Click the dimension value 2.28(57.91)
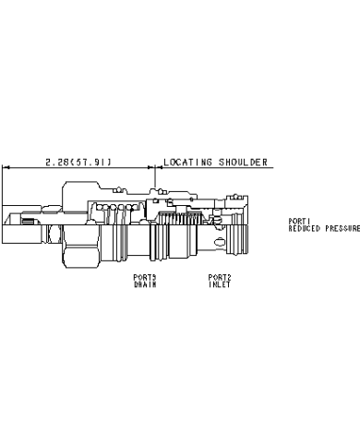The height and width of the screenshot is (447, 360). [x=78, y=162]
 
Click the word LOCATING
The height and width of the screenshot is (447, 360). [x=187, y=162]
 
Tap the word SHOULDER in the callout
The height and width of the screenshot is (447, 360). [x=243, y=162]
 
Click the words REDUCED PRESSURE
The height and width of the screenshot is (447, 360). [x=324, y=228]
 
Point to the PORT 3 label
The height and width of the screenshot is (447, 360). [x=145, y=277]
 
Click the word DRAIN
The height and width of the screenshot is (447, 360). [x=145, y=284]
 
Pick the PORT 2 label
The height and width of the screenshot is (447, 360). [x=220, y=277]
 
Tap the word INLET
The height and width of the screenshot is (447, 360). [x=220, y=284]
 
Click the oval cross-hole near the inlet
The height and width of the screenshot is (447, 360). [x=221, y=242]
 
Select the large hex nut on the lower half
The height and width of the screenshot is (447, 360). [x=81, y=247]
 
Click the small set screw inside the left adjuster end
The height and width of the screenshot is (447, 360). [x=28, y=221]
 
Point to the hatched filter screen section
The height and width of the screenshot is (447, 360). [x=180, y=218]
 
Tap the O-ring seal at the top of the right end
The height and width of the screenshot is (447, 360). [x=235, y=197]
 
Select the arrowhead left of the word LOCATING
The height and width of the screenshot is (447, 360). [x=159, y=167]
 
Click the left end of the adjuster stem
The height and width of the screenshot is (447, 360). [x=3, y=224]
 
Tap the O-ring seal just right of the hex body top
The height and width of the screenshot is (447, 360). [x=118, y=190]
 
